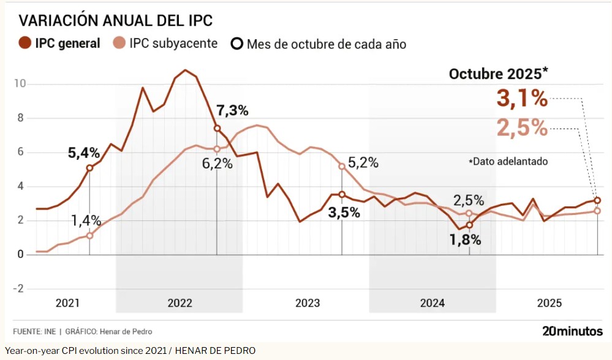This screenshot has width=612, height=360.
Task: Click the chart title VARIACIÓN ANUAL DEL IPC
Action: tap(116, 20)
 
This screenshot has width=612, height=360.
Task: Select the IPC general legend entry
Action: tap(59, 43)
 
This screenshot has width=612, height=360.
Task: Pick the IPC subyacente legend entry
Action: tap(166, 43)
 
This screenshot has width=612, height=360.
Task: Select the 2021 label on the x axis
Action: tap(67, 303)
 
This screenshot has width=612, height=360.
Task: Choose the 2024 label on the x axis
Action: tap(432, 303)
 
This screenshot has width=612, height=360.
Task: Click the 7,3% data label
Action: tap(232, 111)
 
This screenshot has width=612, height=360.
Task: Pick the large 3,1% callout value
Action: tap(521, 99)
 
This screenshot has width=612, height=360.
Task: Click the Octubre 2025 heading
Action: tap(498, 74)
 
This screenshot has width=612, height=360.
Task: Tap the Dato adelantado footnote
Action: tap(508, 162)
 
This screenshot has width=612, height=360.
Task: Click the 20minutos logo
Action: tap(572, 331)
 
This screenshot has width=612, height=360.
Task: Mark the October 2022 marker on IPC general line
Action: tap(217, 128)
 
